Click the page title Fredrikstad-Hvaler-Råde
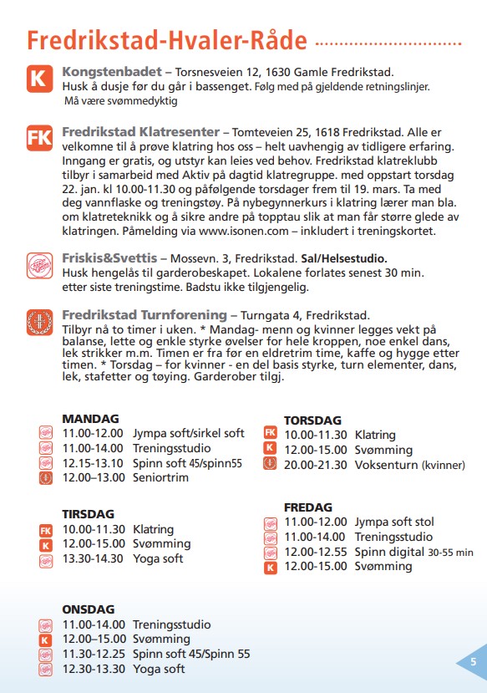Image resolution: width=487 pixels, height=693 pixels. point(167,41)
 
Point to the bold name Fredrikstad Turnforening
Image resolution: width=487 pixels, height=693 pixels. point(144,315)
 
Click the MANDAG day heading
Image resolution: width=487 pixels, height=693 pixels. point(90,418)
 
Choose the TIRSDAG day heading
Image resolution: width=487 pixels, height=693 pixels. point(88,514)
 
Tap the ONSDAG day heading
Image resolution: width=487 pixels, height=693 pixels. point(88,609)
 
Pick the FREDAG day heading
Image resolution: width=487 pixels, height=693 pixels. point(308,507)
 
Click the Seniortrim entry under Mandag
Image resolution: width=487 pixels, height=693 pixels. point(160,478)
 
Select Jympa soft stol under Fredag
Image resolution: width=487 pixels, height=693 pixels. point(394,522)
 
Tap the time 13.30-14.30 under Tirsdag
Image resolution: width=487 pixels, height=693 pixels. point(94,559)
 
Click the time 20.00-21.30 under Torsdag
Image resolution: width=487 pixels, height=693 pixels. point(315,464)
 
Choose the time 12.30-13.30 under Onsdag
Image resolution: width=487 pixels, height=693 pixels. point(94,669)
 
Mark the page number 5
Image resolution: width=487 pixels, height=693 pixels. point(474,661)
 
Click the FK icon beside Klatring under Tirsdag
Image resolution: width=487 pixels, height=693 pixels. point(46,530)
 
